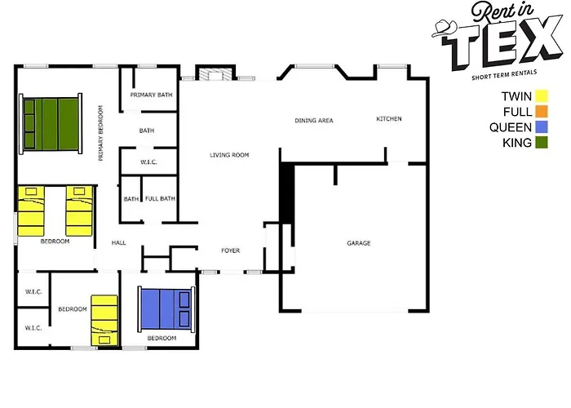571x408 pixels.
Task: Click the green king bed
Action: (51, 124)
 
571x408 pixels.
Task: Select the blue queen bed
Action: (166, 309)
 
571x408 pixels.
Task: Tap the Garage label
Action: (359, 243)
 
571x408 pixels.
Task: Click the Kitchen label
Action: (389, 119)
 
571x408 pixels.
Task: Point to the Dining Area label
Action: (314, 120)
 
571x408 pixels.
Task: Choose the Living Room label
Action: (229, 155)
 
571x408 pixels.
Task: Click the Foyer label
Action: (231, 251)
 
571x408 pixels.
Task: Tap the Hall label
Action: (119, 242)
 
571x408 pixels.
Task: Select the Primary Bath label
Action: (151, 95)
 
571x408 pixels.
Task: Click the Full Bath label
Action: (160, 198)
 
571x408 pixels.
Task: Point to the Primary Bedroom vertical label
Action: (101, 133)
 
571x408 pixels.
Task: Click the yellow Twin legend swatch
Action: (542, 96)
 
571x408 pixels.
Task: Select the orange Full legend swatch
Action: (542, 112)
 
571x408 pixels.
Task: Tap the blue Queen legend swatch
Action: (542, 127)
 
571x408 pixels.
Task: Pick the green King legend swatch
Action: (542, 143)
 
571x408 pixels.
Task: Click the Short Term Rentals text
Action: (504, 75)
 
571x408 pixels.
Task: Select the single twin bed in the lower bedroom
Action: (104, 320)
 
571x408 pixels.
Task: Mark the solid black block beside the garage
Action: (287, 193)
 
